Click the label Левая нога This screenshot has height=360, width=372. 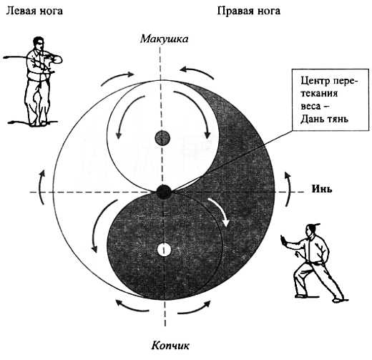[x=34, y=11]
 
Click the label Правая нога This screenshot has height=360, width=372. [x=249, y=11]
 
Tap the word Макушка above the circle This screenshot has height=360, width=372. [x=164, y=39]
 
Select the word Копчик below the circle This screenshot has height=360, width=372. [x=170, y=346]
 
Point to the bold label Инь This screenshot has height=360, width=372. [x=322, y=189]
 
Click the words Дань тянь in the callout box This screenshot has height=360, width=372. [x=324, y=119]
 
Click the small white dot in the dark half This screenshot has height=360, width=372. [x=164, y=250]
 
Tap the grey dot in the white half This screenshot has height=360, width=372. [x=162, y=137]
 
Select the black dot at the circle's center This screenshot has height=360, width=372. [x=164, y=192]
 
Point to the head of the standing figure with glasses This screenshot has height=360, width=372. [x=39, y=43]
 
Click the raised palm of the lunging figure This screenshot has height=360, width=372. [x=283, y=240]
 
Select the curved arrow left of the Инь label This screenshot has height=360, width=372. [x=288, y=188]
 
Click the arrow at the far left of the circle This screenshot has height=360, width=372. [x=41, y=187]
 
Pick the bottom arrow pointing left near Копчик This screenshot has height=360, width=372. [x=132, y=306]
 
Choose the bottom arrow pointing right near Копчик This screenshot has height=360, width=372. [x=195, y=307]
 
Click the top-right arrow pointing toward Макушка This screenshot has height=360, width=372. [x=197, y=72]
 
